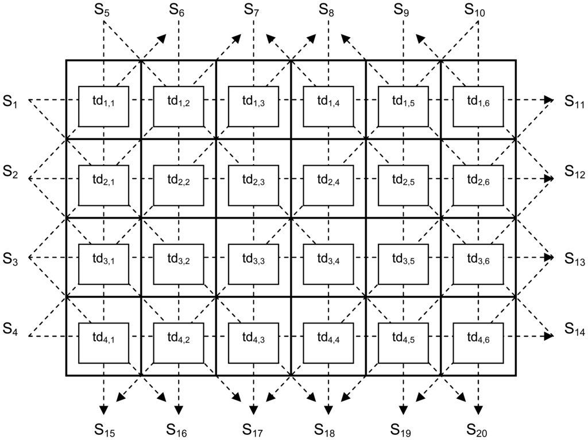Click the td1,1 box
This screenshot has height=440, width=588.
pyautogui.click(x=103, y=106)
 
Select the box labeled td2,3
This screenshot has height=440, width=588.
pyautogui.click(x=253, y=185)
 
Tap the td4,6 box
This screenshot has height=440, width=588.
pyautogui.click(x=478, y=342)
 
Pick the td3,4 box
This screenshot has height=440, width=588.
pyautogui.click(x=328, y=264)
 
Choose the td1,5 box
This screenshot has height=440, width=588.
pyautogui.click(x=403, y=106)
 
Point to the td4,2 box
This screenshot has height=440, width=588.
pyautogui.click(x=179, y=342)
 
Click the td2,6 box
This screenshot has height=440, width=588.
pyautogui.click(x=478, y=185)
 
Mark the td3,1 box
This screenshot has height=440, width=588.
pyautogui.click(x=103, y=264)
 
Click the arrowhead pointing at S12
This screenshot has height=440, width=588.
pyautogui.click(x=549, y=178)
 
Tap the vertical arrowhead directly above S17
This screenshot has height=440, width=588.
pyautogui.click(x=253, y=409)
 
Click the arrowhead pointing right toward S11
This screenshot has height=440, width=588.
pyautogui.click(x=549, y=100)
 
